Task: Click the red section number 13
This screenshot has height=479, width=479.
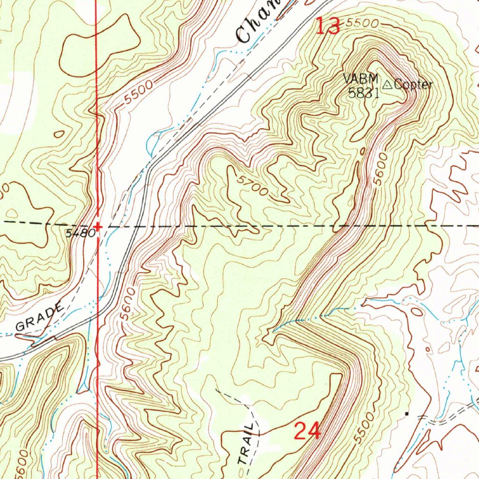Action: click(328, 26)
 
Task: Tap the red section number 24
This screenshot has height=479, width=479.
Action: click(307, 430)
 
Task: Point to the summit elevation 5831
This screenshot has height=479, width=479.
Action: click(363, 93)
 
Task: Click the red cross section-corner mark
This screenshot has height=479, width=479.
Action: click(97, 227)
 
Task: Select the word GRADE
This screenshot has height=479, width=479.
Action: click(39, 317)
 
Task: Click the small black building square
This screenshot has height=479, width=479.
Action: click(406, 414)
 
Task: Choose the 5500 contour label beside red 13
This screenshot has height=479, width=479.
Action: click(361, 23)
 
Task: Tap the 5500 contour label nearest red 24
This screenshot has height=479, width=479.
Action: click(363, 428)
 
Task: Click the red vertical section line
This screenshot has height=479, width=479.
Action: click(96, 140)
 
